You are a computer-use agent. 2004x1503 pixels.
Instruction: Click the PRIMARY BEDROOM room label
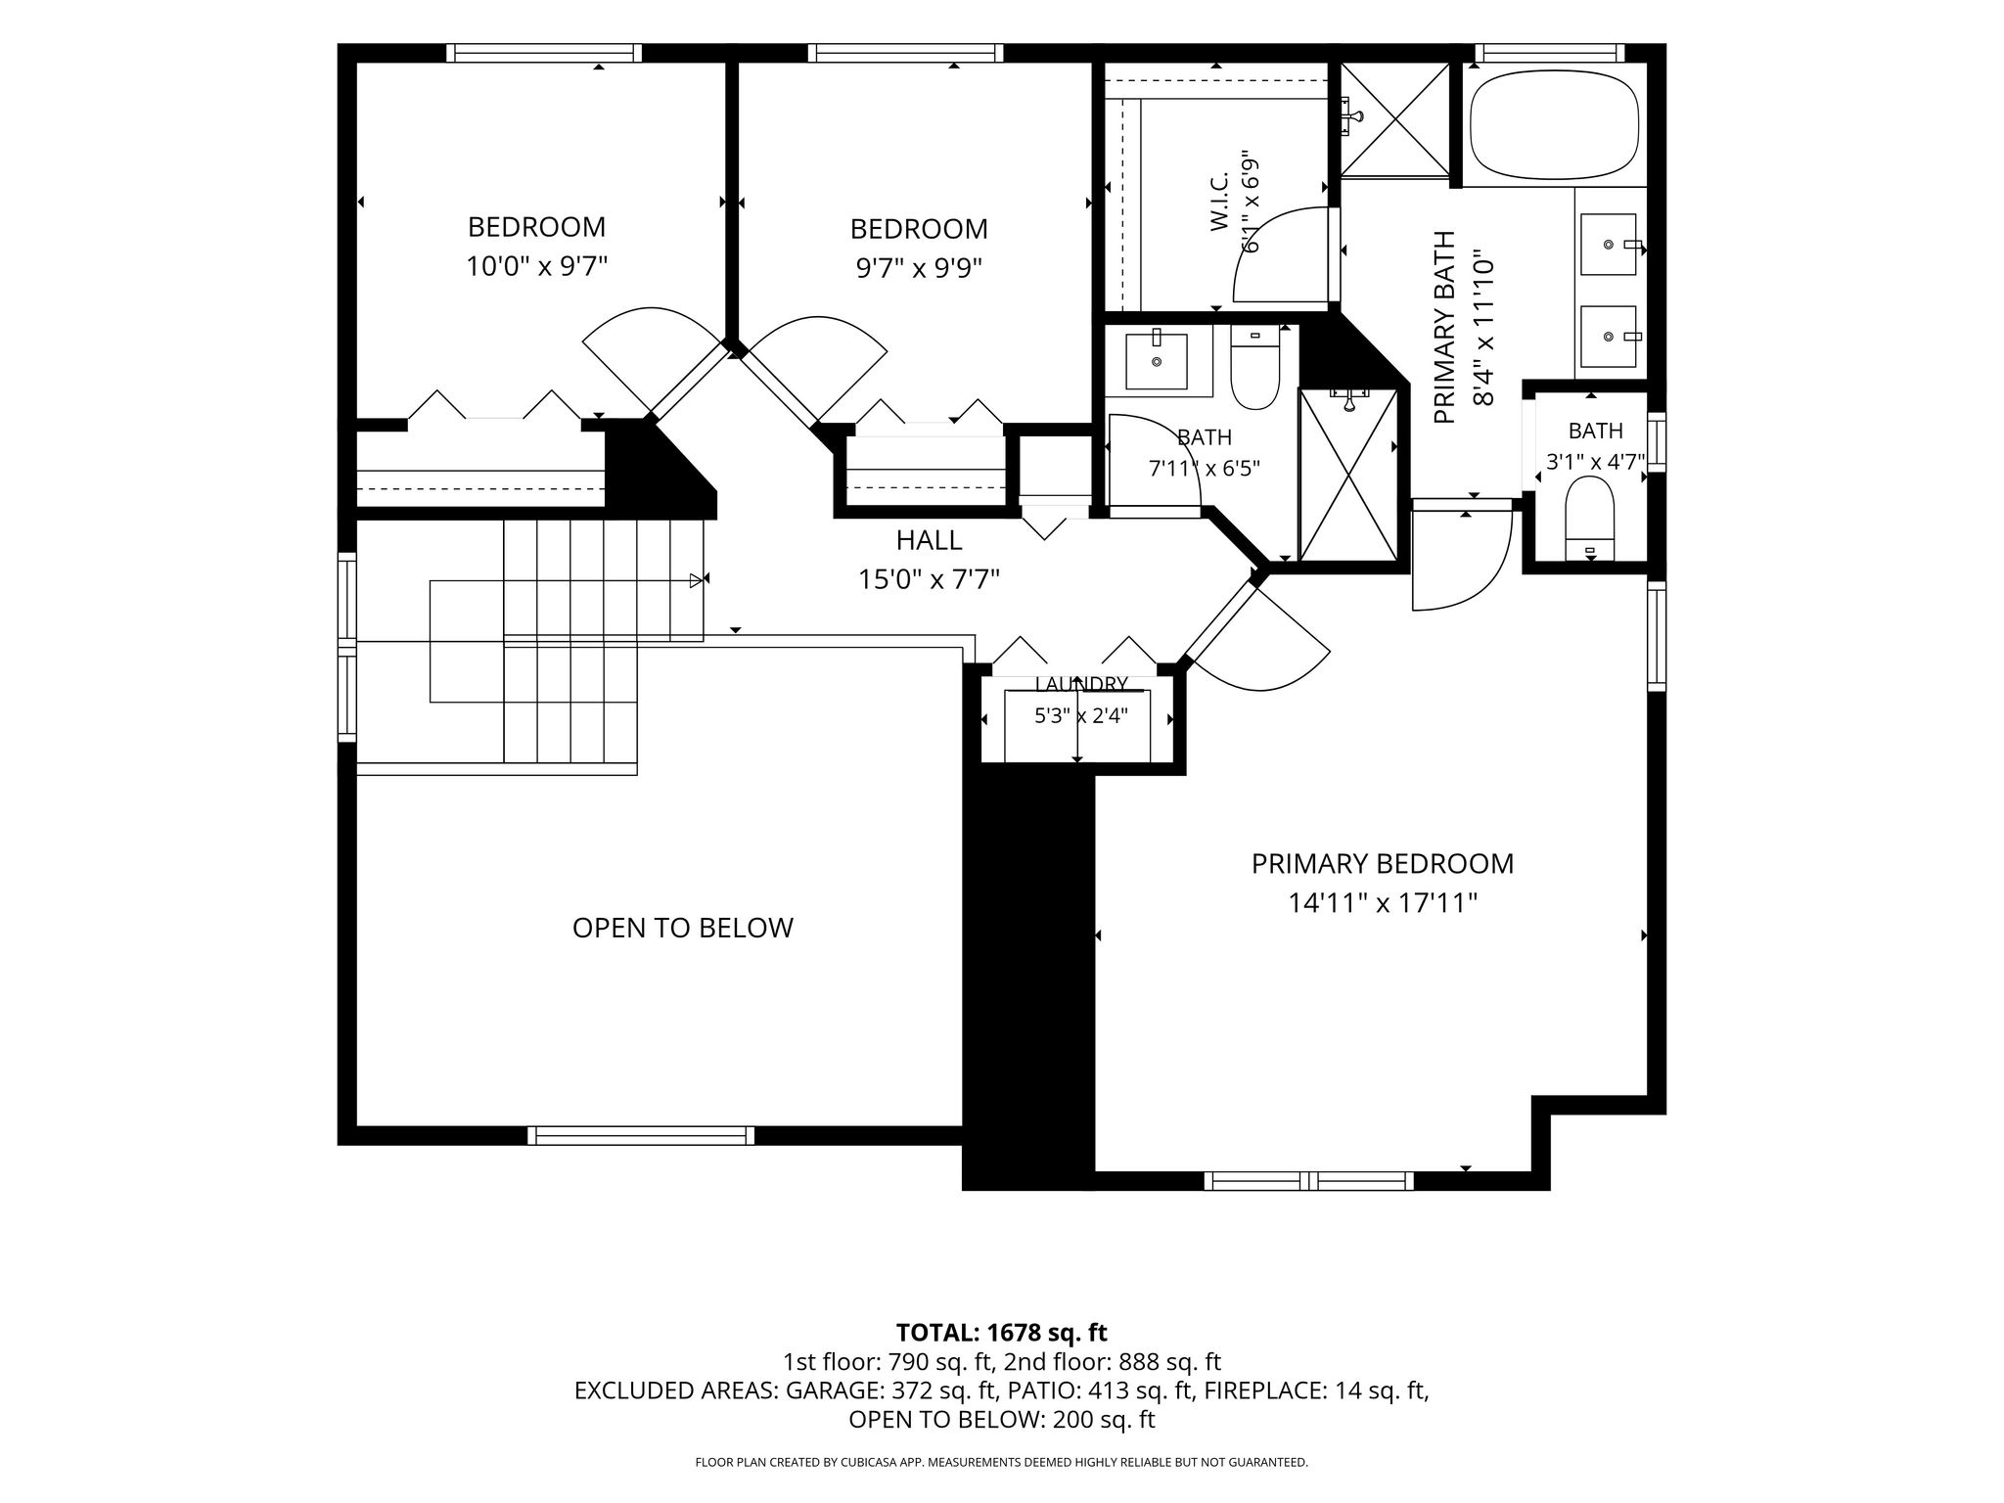pyautogui.click(x=1382, y=864)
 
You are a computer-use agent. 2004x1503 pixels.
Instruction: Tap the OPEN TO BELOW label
pyautogui.click(x=683, y=928)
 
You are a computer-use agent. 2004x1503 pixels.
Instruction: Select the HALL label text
pyautogui.click(x=929, y=540)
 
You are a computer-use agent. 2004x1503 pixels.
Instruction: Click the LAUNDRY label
pyautogui.click(x=1081, y=684)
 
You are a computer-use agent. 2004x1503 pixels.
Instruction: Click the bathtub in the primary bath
pyautogui.click(x=1554, y=124)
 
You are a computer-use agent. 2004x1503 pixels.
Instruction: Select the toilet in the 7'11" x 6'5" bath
pyautogui.click(x=1254, y=368)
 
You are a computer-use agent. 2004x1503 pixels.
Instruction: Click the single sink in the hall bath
pyautogui.click(x=1157, y=361)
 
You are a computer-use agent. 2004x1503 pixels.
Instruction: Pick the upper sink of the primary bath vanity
pyautogui.click(x=1609, y=244)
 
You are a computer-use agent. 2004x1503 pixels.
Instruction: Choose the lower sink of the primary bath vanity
pyautogui.click(x=1609, y=336)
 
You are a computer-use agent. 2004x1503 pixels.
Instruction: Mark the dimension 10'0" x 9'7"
pyautogui.click(x=537, y=266)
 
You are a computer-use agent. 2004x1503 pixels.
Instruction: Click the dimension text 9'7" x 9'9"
pyautogui.click(x=919, y=267)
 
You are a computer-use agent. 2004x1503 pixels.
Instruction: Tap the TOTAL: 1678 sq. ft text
pyautogui.click(x=1002, y=1332)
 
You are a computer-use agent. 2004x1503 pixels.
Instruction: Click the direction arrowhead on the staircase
pyautogui.click(x=697, y=580)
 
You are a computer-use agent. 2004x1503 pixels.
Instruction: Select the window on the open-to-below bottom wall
pyautogui.click(x=641, y=1135)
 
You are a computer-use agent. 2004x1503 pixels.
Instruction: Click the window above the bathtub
pyautogui.click(x=1549, y=53)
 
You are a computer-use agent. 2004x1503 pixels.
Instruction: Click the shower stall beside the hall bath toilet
pyautogui.click(x=1348, y=475)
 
